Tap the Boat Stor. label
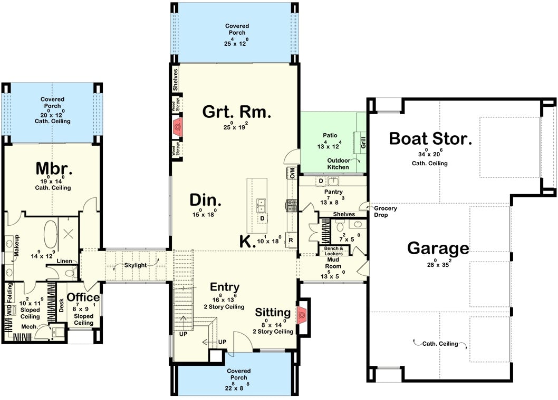click(429, 139)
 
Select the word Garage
click(438, 248)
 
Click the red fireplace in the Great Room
click(178, 127)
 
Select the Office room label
click(83, 297)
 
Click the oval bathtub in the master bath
click(51, 234)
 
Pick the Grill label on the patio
click(363, 142)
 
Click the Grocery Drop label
click(386, 212)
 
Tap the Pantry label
click(333, 192)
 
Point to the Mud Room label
click(333, 263)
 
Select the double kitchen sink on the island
click(261, 203)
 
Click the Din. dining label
click(206, 201)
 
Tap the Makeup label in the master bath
click(17, 246)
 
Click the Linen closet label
click(64, 261)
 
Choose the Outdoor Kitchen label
click(338, 164)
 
